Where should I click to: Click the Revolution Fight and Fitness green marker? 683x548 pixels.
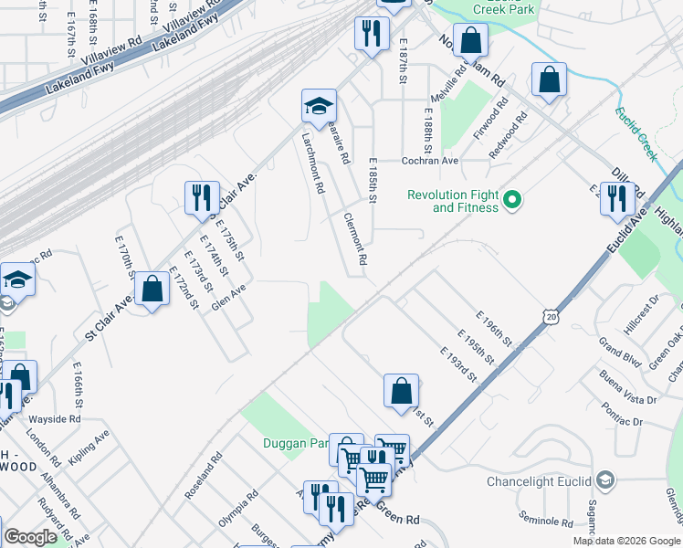pyautogui.click(x=512, y=198)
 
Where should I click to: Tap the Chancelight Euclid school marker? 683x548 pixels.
pyautogui.click(x=603, y=480)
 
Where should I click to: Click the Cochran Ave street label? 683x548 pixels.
pyautogui.click(x=430, y=160)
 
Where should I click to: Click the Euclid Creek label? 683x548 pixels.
pyautogui.click(x=636, y=133)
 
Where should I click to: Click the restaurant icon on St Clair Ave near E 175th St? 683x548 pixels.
pyautogui.click(x=201, y=197)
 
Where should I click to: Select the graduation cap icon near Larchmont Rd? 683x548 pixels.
pyautogui.click(x=319, y=106)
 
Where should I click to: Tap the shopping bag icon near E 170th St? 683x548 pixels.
pyautogui.click(x=153, y=289)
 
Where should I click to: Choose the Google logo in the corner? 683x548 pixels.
pyautogui.click(x=31, y=537)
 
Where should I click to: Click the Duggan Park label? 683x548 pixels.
pyautogui.click(x=298, y=443)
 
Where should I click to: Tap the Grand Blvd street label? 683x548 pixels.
pyautogui.click(x=621, y=349)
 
